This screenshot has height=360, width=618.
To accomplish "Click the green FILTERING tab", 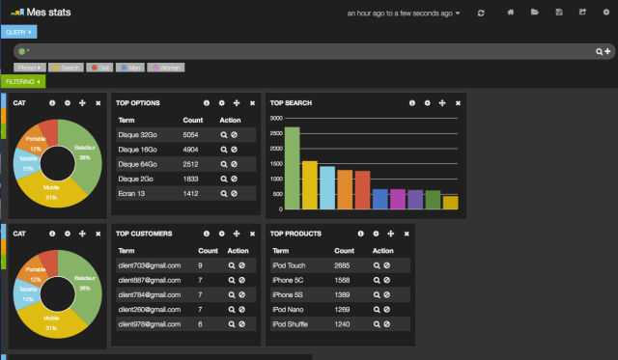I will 21,81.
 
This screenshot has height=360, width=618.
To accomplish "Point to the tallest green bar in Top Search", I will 292,169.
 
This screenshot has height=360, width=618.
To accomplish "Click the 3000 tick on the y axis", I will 276,118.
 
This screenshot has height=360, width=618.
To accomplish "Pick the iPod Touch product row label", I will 291,264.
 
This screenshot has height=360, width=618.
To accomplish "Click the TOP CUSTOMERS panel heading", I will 144,233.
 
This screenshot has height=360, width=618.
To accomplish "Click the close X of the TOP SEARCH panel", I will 458,102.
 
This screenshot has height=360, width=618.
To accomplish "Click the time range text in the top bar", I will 403,14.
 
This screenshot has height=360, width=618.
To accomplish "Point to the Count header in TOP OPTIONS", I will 192,120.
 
